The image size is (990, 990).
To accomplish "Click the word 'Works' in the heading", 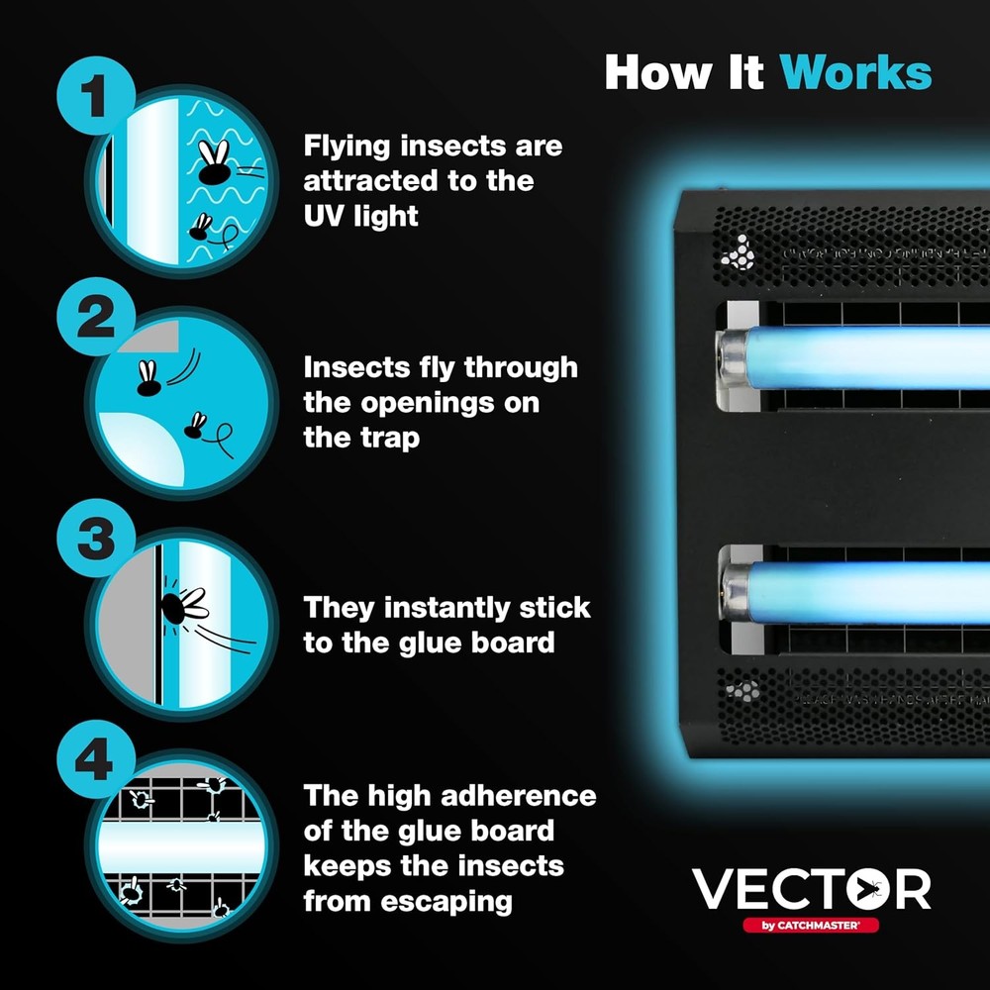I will pos(855,72).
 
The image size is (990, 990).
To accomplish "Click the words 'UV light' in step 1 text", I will pos(360,217).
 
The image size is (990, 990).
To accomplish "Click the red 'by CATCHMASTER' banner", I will pos(810,926).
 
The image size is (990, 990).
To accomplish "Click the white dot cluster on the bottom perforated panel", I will pos(742,691).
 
